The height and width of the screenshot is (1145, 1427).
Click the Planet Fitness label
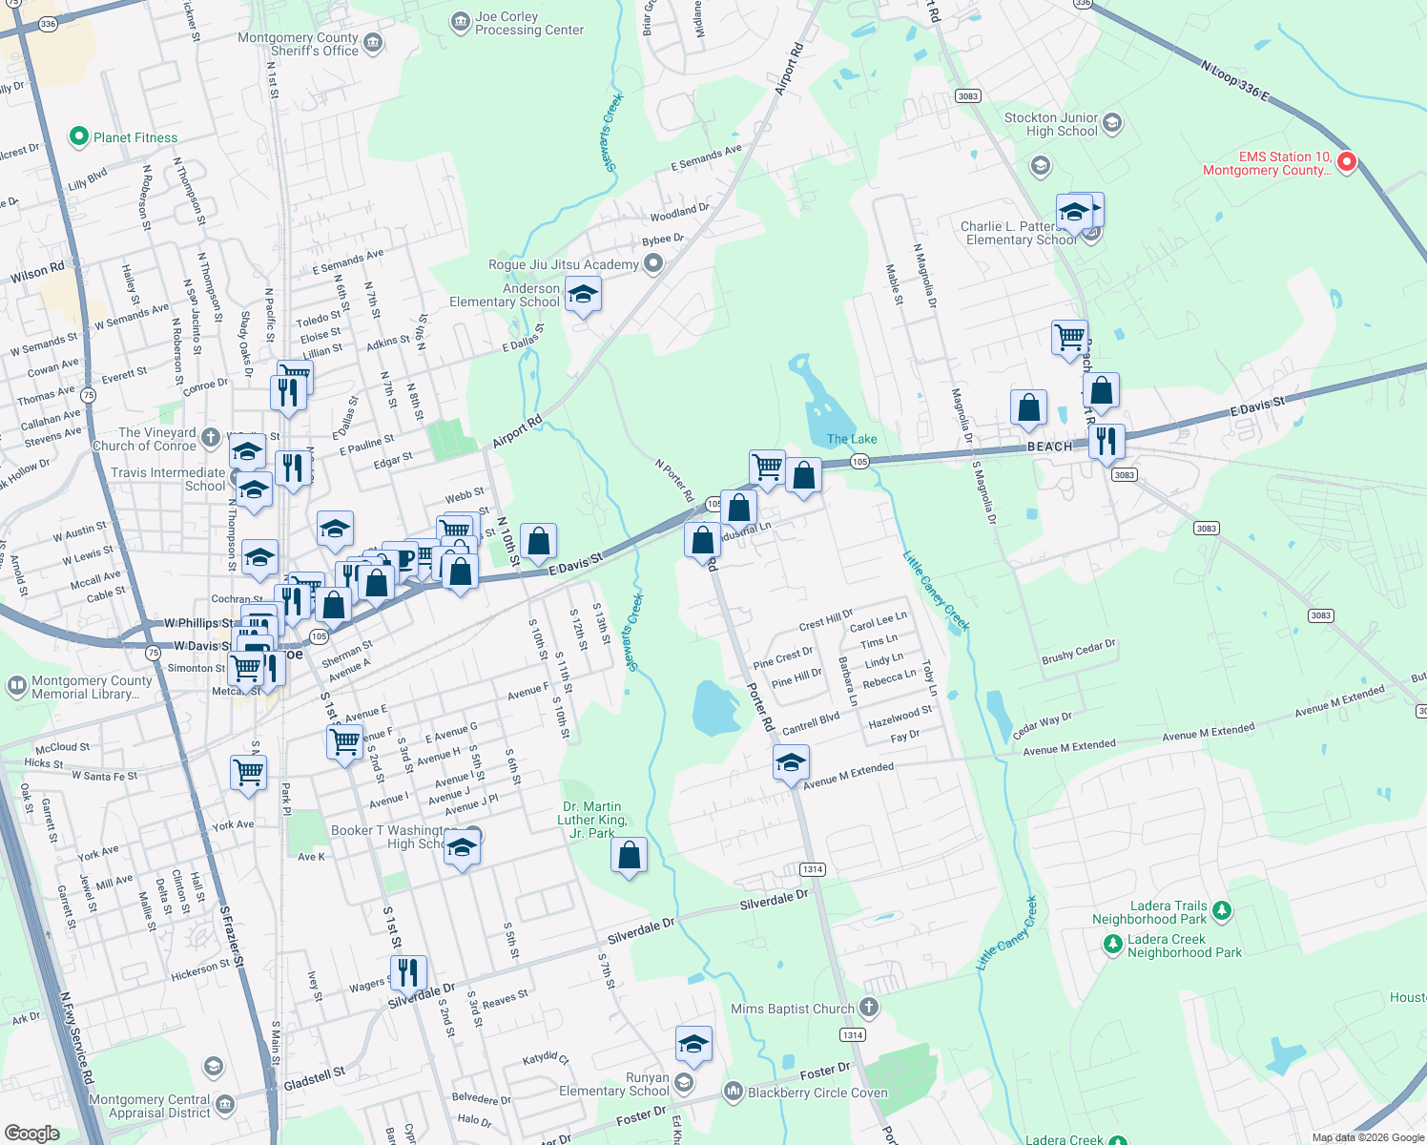click(x=135, y=137)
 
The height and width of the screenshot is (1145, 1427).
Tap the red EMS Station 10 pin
click(x=1347, y=161)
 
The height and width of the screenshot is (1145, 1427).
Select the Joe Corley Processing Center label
click(x=528, y=24)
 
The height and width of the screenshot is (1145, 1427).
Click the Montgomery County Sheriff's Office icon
click(x=373, y=42)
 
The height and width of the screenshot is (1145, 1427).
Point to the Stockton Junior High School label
click(x=1050, y=125)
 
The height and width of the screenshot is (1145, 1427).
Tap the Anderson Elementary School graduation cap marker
click(x=582, y=295)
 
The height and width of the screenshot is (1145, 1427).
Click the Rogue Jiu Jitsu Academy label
click(x=563, y=264)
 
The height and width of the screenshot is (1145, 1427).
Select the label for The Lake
click(x=852, y=439)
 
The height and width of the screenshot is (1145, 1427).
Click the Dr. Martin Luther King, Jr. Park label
click(x=591, y=820)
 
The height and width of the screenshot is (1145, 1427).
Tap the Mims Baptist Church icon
click(x=868, y=1007)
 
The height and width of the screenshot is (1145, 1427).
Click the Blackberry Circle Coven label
click(x=817, y=1093)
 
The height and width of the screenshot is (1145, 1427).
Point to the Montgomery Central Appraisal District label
click(x=150, y=1106)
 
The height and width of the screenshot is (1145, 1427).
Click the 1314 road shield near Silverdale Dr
click(x=812, y=869)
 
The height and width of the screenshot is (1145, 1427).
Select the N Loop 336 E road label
click(x=1235, y=81)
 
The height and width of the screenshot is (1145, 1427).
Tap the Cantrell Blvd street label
click(x=811, y=723)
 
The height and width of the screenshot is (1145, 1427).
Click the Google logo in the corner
click(x=32, y=1133)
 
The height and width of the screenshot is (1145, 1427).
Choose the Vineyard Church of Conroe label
click(x=144, y=439)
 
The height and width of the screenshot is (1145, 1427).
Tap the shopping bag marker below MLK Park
click(x=630, y=855)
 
